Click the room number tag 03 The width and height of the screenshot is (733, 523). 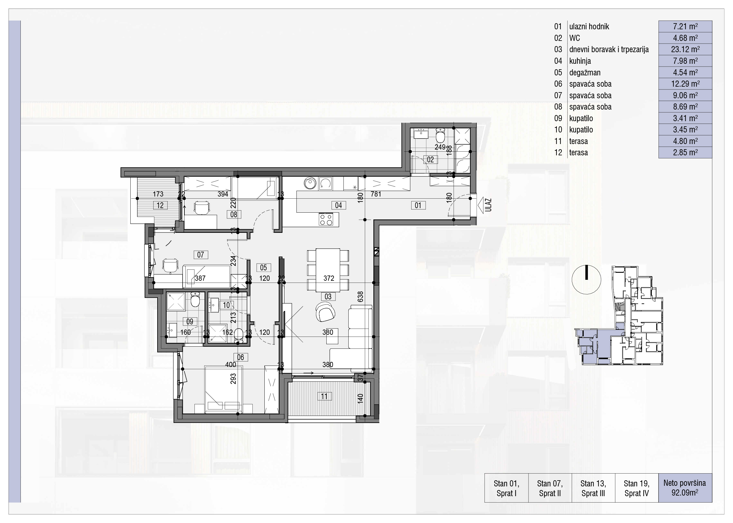pos(328,297)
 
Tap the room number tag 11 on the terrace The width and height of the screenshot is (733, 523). pos(325,396)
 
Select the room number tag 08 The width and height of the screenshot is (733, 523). pos(234,214)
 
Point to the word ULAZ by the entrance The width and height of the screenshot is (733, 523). pos(488,205)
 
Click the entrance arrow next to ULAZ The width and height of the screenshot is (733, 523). pos(481,205)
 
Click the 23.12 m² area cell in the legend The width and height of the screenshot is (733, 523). pos(685,49)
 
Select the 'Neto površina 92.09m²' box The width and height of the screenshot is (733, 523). pos(685,488)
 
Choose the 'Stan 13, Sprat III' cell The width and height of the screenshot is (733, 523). pos(593,488)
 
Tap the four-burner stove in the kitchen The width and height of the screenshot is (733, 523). pos(325,220)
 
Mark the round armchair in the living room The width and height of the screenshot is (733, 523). pos(325,312)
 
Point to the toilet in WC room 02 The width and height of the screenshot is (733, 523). pos(440,135)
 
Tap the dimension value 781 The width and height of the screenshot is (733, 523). pos(376,194)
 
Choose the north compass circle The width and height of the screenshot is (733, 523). pos(586,280)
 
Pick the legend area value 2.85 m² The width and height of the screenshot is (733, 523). pos(685,153)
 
